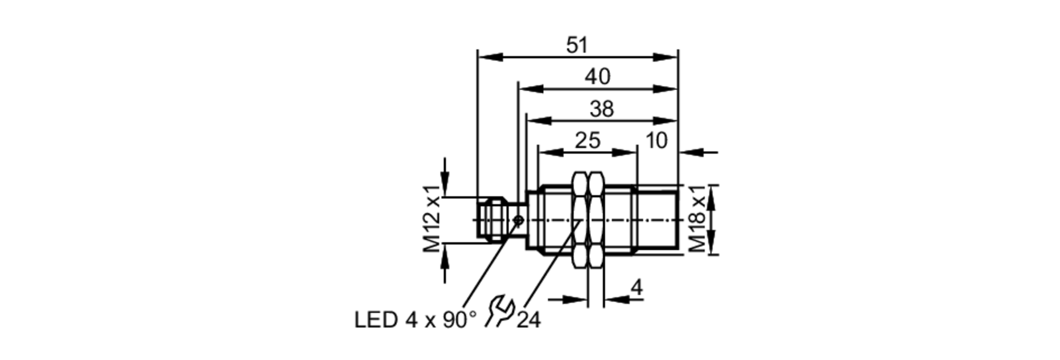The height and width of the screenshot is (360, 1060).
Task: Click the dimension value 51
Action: pyautogui.click(x=577, y=45)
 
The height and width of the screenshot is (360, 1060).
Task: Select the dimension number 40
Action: pyautogui.click(x=597, y=77)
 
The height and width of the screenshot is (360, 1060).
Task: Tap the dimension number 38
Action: pyautogui.click(x=602, y=109)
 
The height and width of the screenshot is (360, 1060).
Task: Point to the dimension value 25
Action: pyautogui.click(x=587, y=141)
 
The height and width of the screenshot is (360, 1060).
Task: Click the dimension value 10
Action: pyautogui.click(x=656, y=141)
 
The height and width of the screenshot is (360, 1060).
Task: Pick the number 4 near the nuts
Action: pyautogui.click(x=637, y=288)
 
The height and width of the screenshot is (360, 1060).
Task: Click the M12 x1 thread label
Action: pyautogui.click(x=432, y=218)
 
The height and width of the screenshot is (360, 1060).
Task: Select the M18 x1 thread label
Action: pyautogui.click(x=697, y=218)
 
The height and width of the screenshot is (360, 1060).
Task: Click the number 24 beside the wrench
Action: pyautogui.click(x=528, y=320)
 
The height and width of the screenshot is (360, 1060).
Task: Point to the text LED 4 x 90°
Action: pyautogui.click(x=415, y=320)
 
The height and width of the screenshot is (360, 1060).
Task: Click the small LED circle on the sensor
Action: pyautogui.click(x=519, y=220)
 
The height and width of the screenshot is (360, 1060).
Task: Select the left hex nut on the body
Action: pyautogui.click(x=581, y=219)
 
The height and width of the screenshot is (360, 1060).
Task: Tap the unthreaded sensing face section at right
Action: pyautogui.click(x=657, y=219)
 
